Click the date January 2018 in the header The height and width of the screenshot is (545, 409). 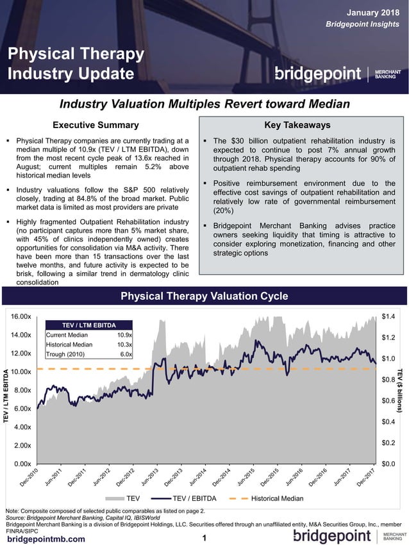373,12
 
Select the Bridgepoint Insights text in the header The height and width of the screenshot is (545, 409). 362,24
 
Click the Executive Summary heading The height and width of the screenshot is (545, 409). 95,125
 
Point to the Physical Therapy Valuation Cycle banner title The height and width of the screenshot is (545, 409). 204,296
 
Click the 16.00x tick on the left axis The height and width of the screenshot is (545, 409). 22,316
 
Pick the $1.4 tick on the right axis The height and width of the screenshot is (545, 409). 388,316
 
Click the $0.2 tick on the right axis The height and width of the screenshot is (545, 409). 388,443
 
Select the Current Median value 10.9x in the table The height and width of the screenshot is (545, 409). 124,335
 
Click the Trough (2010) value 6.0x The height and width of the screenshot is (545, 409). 126,354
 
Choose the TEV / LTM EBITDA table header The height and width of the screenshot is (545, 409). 88,325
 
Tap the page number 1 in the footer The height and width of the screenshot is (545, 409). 204,538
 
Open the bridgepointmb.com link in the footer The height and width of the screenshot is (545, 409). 46,539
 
